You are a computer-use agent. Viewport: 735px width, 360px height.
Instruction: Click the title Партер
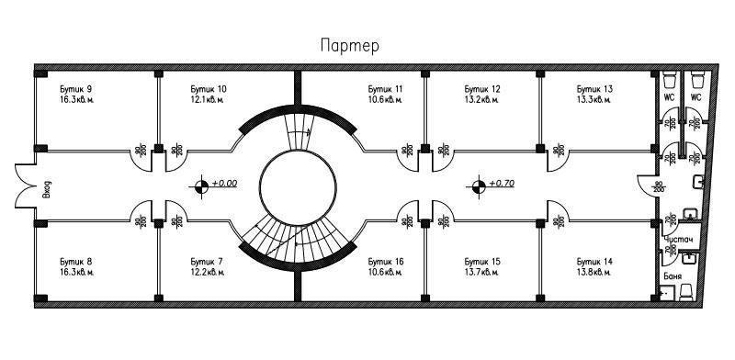coord(348,45)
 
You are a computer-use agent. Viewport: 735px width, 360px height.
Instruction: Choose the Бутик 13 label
coord(594,88)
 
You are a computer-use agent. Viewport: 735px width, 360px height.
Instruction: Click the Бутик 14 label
coord(594,261)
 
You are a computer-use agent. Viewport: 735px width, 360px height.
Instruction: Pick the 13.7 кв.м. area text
coord(482,271)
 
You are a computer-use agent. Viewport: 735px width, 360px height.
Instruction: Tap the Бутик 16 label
coord(384,261)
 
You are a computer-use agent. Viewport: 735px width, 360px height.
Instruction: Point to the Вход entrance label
coord(47,190)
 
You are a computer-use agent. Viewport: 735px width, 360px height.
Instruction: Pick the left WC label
coord(670,97)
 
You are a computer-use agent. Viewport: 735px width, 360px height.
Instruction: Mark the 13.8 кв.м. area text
coord(594,271)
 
